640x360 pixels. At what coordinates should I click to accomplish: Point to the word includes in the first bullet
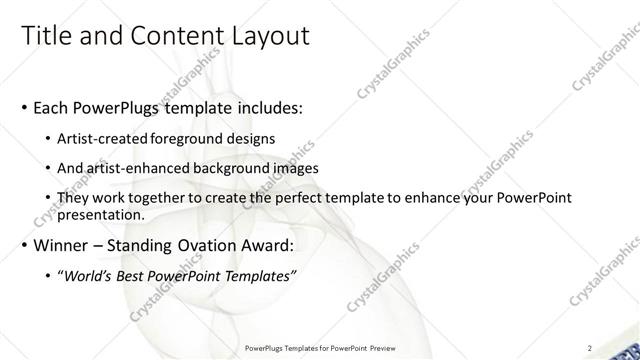(270, 106)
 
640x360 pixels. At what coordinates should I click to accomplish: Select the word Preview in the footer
(379, 348)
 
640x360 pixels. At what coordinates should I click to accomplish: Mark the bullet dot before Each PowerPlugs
(24, 107)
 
